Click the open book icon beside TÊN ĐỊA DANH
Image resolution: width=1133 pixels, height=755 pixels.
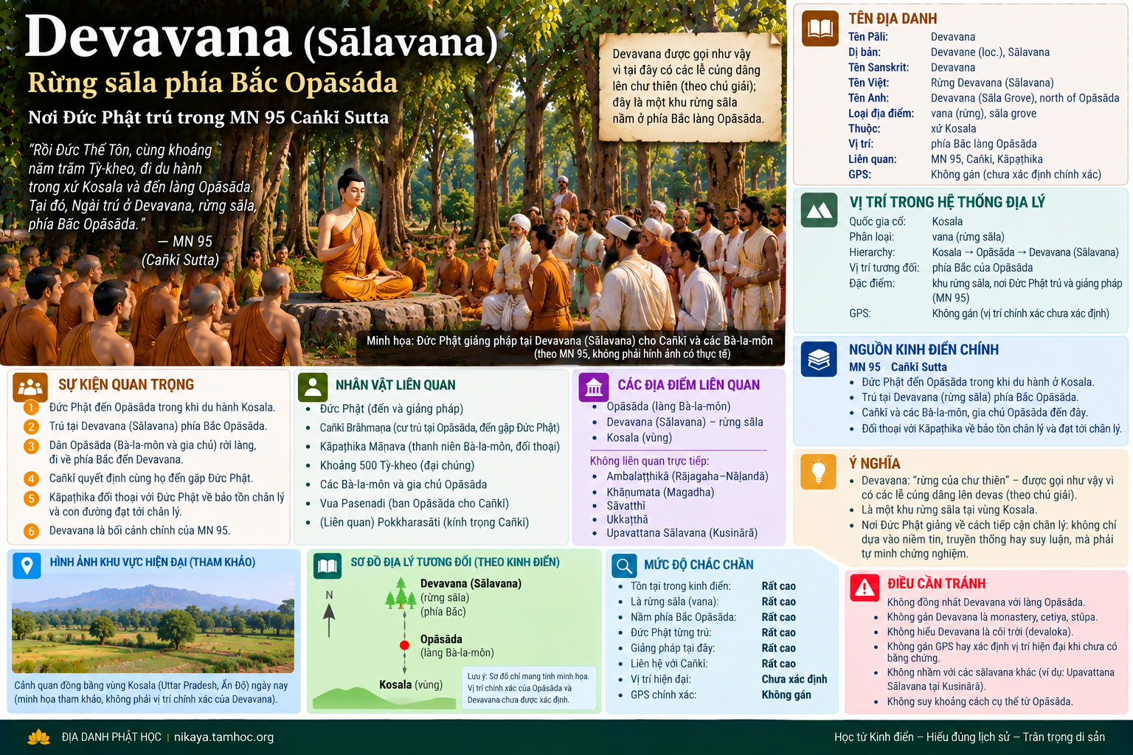pos(820,29)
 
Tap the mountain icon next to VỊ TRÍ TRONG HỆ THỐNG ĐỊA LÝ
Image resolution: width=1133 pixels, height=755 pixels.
pos(820,210)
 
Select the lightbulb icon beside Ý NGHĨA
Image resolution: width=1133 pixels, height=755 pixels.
pos(818,472)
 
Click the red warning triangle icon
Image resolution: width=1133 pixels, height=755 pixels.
pos(865,587)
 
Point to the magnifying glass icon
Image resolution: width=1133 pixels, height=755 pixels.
pos(624,566)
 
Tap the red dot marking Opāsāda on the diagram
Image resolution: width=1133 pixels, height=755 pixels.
pos(404,645)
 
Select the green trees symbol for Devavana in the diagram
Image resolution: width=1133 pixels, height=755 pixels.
pos(401,594)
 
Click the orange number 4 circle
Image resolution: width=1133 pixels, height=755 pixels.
pos(31,479)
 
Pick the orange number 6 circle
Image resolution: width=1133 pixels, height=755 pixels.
pos(31,531)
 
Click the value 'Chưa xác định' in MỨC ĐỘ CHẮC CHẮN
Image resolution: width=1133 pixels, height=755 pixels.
pos(794,679)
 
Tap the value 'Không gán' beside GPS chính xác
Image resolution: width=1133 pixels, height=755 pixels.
pos(786,695)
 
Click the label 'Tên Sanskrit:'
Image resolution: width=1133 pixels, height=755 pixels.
pos(879,67)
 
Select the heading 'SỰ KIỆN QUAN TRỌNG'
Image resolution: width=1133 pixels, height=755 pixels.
pos(126,384)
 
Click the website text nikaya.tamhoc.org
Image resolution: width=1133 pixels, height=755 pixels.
pos(224,737)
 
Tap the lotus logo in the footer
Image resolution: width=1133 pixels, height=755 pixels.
pos(38,737)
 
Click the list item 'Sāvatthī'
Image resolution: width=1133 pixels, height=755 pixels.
pos(626,506)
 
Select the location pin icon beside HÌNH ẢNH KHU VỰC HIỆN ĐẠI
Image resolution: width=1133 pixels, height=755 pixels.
pos(27,565)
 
